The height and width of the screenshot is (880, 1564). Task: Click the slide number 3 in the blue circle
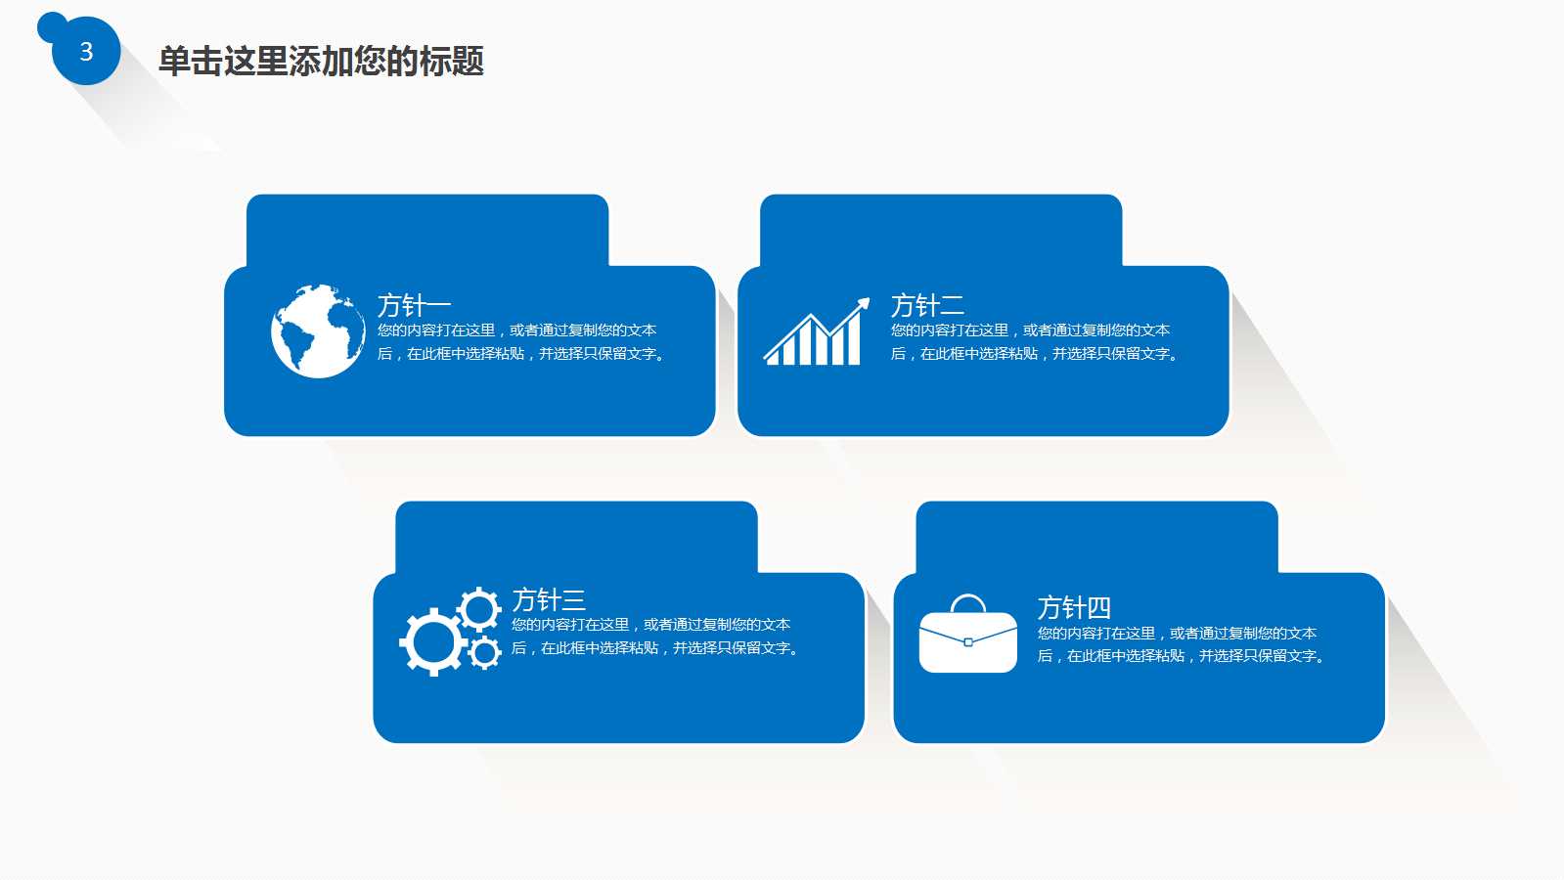coord(86,52)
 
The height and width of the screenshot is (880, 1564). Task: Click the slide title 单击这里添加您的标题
coord(321,62)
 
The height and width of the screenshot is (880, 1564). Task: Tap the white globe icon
coord(318,331)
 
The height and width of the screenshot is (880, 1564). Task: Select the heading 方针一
coord(414,305)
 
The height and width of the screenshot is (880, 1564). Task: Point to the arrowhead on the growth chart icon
coord(863,304)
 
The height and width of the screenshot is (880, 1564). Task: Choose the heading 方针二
coord(927,305)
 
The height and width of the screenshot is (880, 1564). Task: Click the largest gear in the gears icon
coord(431,642)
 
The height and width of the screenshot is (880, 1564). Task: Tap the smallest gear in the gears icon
coord(484,652)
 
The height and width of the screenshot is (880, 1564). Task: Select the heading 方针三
coord(549,599)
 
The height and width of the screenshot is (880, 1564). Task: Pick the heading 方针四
coord(1074,607)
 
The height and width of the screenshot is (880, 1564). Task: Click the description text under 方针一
coord(523,342)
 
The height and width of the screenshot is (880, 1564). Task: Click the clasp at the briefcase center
coord(967,642)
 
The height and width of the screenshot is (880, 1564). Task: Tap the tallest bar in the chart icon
coord(853,338)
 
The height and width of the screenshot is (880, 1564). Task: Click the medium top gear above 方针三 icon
coord(478,609)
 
